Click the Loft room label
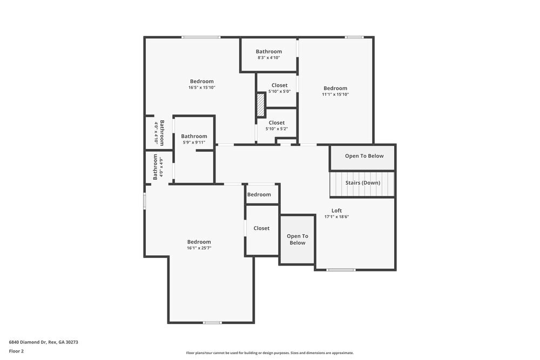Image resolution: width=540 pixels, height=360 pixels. (x=336, y=210)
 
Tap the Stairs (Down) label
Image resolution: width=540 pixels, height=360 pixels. (x=362, y=183)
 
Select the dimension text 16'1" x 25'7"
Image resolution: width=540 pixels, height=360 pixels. (x=199, y=248)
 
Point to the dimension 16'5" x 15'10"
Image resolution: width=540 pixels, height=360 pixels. (x=201, y=87)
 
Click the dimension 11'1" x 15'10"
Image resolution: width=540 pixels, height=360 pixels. (x=335, y=94)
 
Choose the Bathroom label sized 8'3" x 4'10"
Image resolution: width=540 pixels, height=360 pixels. (x=268, y=52)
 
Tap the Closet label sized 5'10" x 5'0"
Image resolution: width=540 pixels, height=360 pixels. (x=279, y=85)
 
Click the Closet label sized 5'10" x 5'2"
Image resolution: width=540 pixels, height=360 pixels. (x=276, y=123)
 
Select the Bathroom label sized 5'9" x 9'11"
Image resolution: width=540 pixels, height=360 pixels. (x=194, y=137)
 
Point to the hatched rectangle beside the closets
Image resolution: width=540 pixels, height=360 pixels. (x=261, y=105)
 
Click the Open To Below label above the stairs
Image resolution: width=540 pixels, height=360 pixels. (x=364, y=156)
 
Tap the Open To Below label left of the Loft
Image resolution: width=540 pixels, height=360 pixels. (x=297, y=239)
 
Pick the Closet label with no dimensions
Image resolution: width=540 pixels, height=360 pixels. (x=261, y=228)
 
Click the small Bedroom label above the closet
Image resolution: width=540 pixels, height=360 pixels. (x=259, y=194)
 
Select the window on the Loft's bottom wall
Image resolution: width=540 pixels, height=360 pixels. (x=341, y=269)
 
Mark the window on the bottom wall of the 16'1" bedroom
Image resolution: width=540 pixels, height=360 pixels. (x=212, y=323)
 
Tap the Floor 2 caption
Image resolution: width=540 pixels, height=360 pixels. (x=16, y=351)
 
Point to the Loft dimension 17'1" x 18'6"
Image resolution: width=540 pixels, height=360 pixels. (x=336, y=217)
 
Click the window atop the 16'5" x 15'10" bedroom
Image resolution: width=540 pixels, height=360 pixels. (x=201, y=37)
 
